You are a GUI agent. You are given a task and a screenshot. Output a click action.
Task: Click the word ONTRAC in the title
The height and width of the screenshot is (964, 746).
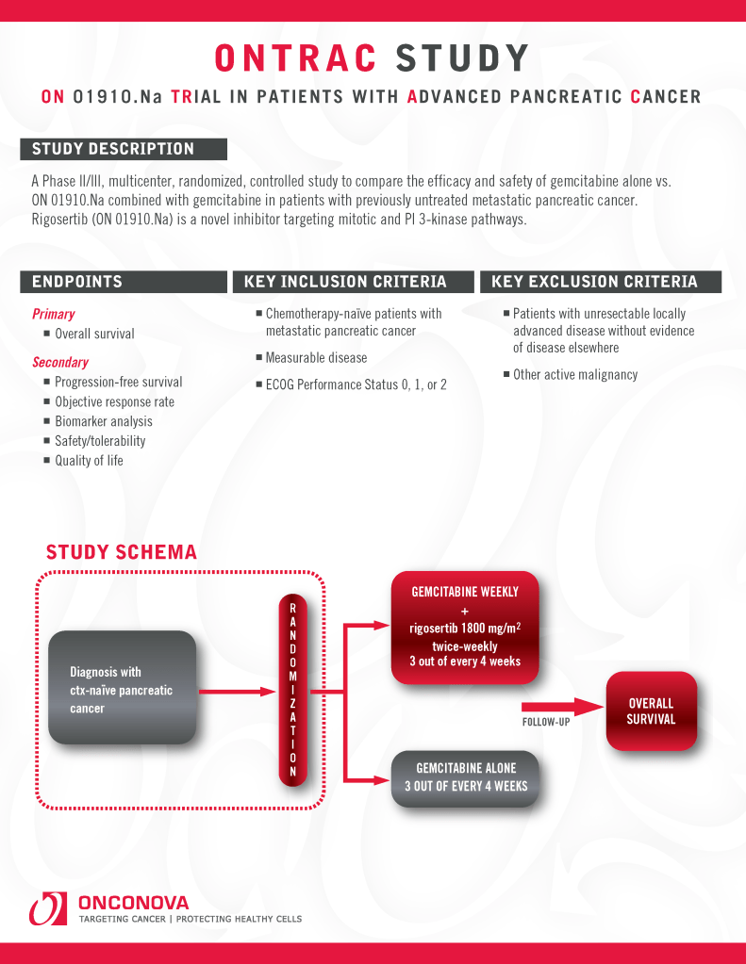coord(295,58)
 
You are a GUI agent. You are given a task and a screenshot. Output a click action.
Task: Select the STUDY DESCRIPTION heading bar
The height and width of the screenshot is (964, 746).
coord(123,149)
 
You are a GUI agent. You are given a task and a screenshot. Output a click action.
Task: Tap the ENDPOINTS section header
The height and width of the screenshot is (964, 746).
coord(123,282)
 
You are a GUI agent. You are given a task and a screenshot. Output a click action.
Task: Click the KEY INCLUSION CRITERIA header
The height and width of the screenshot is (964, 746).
coord(345,282)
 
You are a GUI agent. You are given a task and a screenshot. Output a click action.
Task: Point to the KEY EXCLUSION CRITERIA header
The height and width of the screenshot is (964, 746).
coord(600,282)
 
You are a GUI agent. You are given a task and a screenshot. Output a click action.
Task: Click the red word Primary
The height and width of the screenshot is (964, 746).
coord(54,314)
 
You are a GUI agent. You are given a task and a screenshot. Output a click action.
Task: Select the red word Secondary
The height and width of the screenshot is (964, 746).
coord(60,362)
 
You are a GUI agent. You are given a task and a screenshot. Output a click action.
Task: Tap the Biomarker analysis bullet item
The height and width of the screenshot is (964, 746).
coord(103,421)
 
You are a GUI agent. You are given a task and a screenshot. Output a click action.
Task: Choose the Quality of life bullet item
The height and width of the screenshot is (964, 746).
coord(89,461)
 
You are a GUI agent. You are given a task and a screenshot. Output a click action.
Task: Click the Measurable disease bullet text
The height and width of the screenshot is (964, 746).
coord(316,358)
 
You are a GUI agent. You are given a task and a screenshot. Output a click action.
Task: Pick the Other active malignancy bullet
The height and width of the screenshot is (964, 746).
coord(575,375)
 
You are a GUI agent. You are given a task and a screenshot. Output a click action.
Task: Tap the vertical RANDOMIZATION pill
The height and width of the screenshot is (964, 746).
coord(293,690)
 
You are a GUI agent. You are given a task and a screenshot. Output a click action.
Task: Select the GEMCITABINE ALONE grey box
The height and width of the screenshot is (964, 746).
coord(466,777)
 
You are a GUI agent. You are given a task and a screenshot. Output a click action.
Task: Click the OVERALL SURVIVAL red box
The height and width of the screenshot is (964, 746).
coord(651,711)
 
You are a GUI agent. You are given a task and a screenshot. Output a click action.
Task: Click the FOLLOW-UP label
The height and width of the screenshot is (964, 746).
coord(546,723)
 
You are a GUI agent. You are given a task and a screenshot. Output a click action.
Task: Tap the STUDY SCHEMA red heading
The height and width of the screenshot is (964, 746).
coord(122,552)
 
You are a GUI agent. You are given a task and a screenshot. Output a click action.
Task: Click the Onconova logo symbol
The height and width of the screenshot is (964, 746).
coord(47,909)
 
